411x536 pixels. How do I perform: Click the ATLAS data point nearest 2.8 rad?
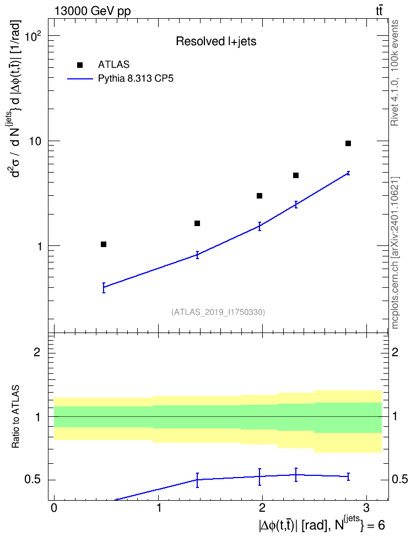[348, 143]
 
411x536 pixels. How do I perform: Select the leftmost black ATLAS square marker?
[104, 244]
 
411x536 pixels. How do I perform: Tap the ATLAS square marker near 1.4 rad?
[197, 223]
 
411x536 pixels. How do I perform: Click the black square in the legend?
[80, 65]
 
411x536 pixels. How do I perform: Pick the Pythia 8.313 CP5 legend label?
[136, 79]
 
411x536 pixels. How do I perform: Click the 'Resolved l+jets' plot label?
[216, 41]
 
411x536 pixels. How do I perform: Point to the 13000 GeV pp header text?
[93, 11]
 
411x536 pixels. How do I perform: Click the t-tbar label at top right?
[379, 11]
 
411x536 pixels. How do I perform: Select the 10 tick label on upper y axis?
[35, 141]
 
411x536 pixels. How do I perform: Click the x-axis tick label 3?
[366, 507]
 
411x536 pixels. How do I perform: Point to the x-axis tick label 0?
[54, 507]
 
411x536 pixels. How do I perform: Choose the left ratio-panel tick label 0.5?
[33, 480]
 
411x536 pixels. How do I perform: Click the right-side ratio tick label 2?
[395, 352]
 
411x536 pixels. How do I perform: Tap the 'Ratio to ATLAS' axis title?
[15, 416]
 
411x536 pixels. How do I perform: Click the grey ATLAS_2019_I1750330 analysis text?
[218, 312]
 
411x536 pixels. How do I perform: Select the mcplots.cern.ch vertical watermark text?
[395, 253]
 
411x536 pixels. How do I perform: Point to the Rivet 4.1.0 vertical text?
[394, 73]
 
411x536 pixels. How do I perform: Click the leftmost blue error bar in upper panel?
[104, 287]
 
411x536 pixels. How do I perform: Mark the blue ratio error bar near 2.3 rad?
[296, 474]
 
